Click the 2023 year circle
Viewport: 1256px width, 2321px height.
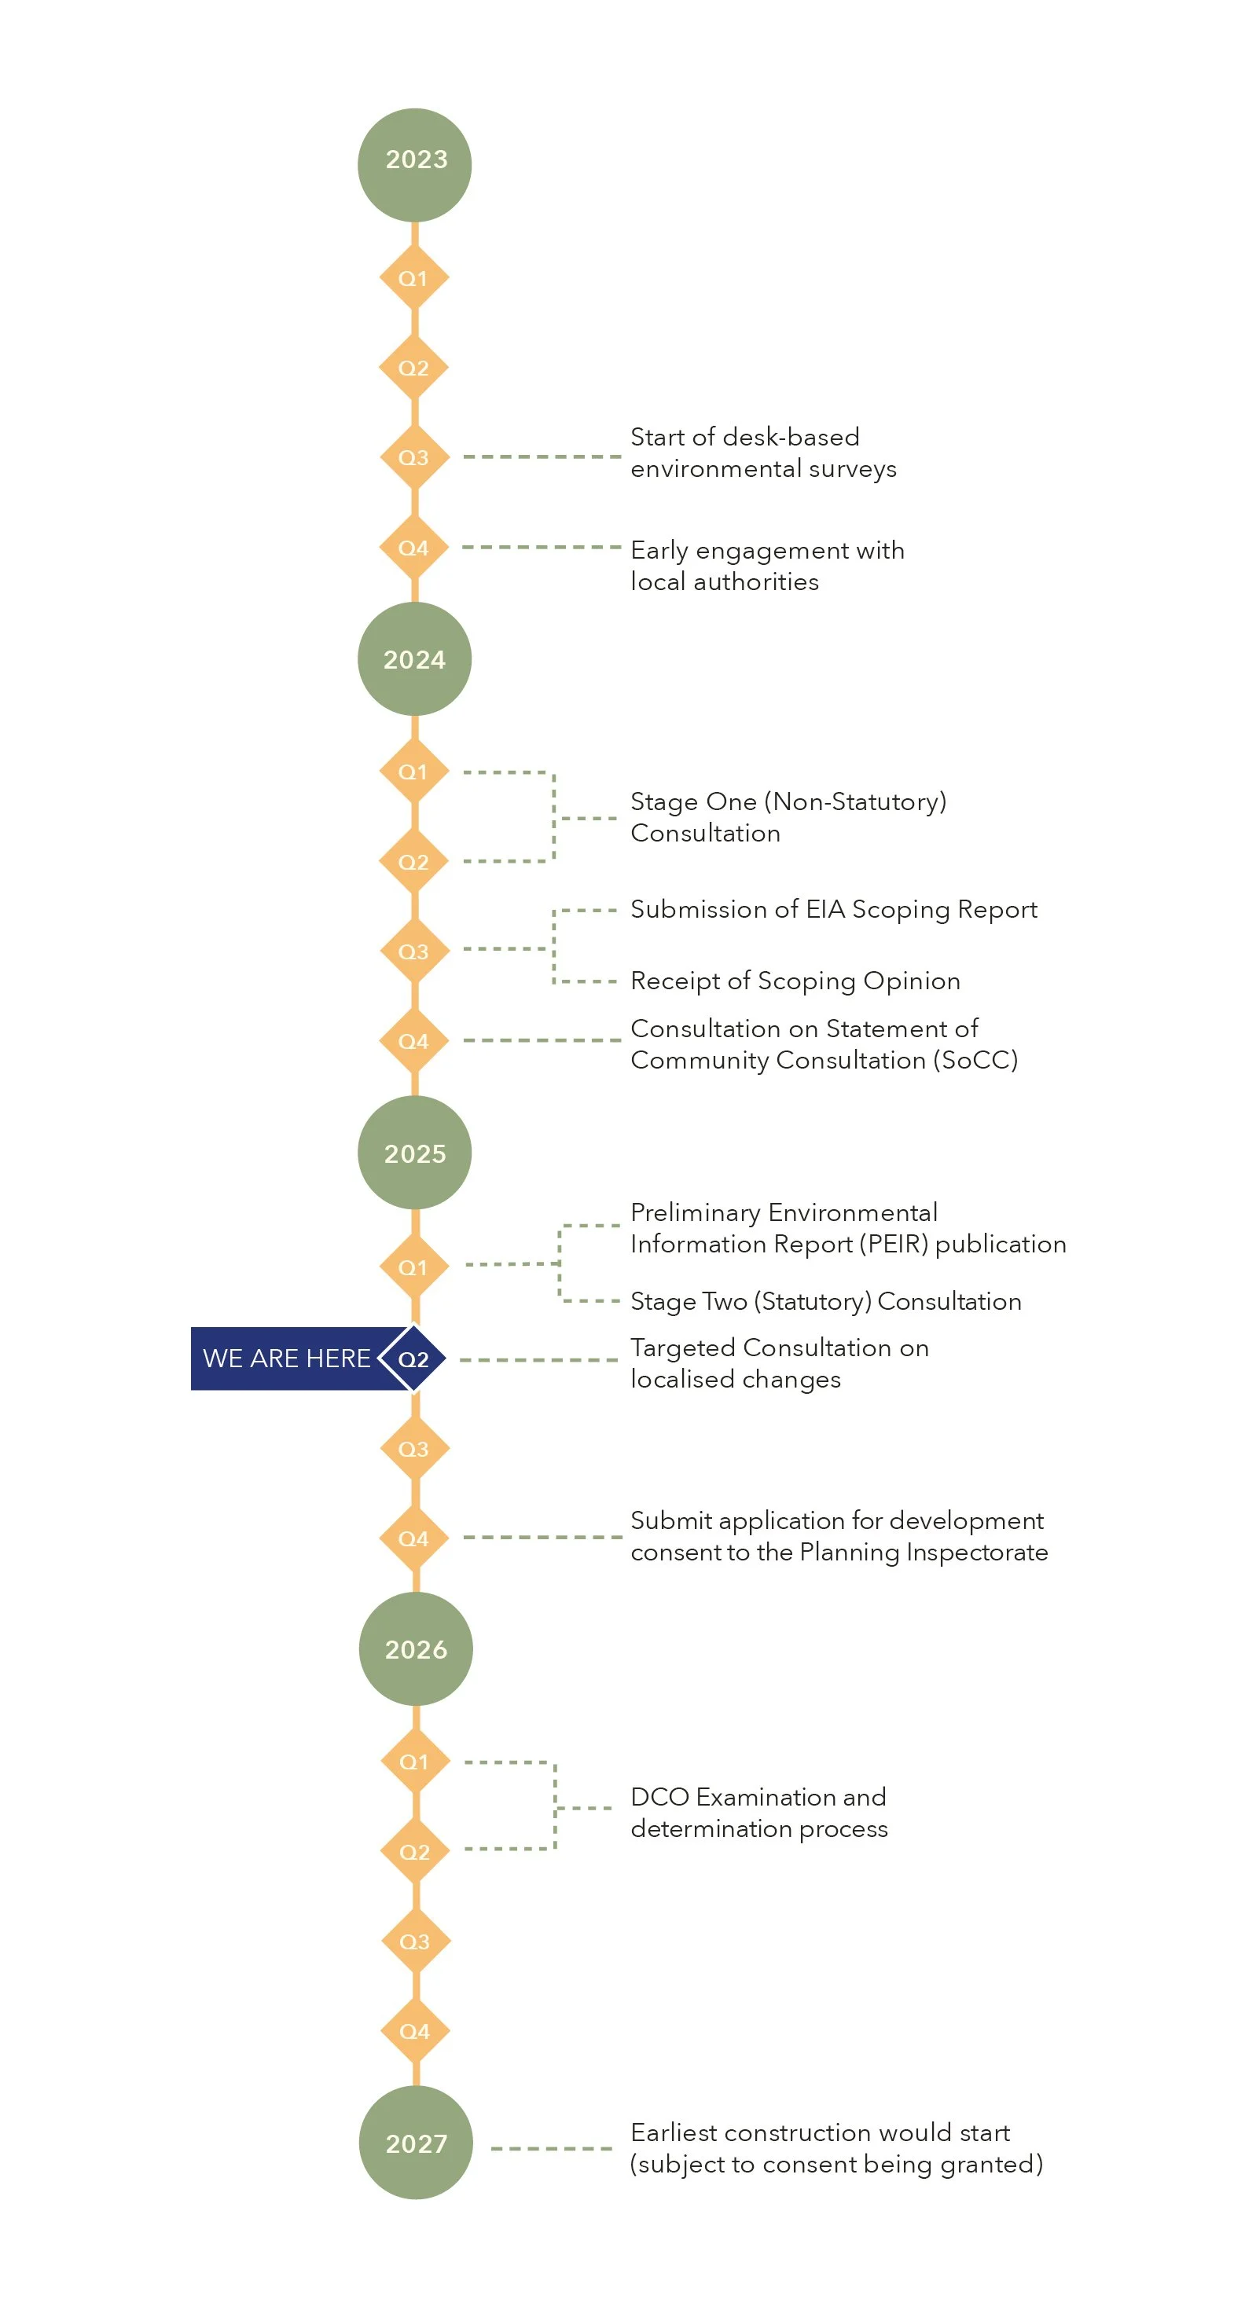414,165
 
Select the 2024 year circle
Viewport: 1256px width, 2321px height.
414,658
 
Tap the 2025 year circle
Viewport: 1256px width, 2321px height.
414,1153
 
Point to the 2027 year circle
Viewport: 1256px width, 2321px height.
415,2142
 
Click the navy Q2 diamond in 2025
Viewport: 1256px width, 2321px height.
413,1358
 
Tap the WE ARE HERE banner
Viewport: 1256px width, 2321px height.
287,1358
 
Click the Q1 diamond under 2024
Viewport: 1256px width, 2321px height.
413,772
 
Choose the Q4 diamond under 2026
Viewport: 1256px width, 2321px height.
414,2031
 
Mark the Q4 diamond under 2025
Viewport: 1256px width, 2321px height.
413,1538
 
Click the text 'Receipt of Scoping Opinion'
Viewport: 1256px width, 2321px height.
795,981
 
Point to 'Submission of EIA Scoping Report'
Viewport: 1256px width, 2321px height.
833,909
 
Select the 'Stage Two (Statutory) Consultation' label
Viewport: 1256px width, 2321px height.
825,1301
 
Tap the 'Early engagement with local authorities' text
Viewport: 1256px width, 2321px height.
767,566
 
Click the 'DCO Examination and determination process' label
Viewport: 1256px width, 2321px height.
758,1812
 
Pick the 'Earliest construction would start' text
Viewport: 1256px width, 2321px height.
820,2132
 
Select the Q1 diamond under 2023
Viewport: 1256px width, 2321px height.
413,278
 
